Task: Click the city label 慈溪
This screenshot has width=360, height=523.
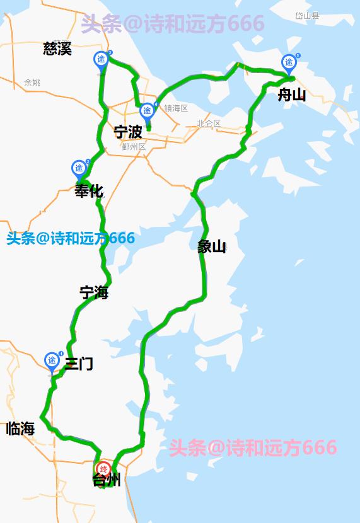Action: click(x=57, y=49)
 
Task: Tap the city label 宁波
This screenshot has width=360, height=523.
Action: click(x=127, y=132)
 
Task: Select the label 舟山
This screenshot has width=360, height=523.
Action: click(x=292, y=95)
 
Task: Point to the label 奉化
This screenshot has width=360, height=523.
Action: click(x=88, y=191)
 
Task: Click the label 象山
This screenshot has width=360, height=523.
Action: click(x=211, y=246)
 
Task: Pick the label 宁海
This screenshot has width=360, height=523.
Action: click(x=94, y=293)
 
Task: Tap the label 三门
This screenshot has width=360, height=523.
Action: click(x=79, y=364)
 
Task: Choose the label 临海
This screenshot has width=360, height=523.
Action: click(x=20, y=429)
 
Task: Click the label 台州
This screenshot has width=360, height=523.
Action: click(x=106, y=481)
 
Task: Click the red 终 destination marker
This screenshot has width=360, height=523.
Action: click(x=103, y=469)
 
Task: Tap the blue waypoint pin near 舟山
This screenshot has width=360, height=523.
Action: click(x=289, y=62)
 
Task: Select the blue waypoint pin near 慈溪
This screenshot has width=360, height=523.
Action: click(x=101, y=59)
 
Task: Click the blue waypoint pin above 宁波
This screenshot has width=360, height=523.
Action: click(x=147, y=111)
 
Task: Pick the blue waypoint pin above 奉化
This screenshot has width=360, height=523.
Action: click(x=79, y=168)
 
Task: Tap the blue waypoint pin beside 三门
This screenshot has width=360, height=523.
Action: click(x=52, y=360)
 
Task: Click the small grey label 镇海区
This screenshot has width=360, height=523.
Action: click(x=176, y=108)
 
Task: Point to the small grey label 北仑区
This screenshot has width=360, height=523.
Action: click(x=209, y=124)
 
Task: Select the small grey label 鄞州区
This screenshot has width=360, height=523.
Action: click(x=134, y=147)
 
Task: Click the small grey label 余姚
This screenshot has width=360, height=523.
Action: click(x=32, y=83)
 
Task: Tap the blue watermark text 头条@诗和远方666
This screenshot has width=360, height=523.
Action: click(x=71, y=239)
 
